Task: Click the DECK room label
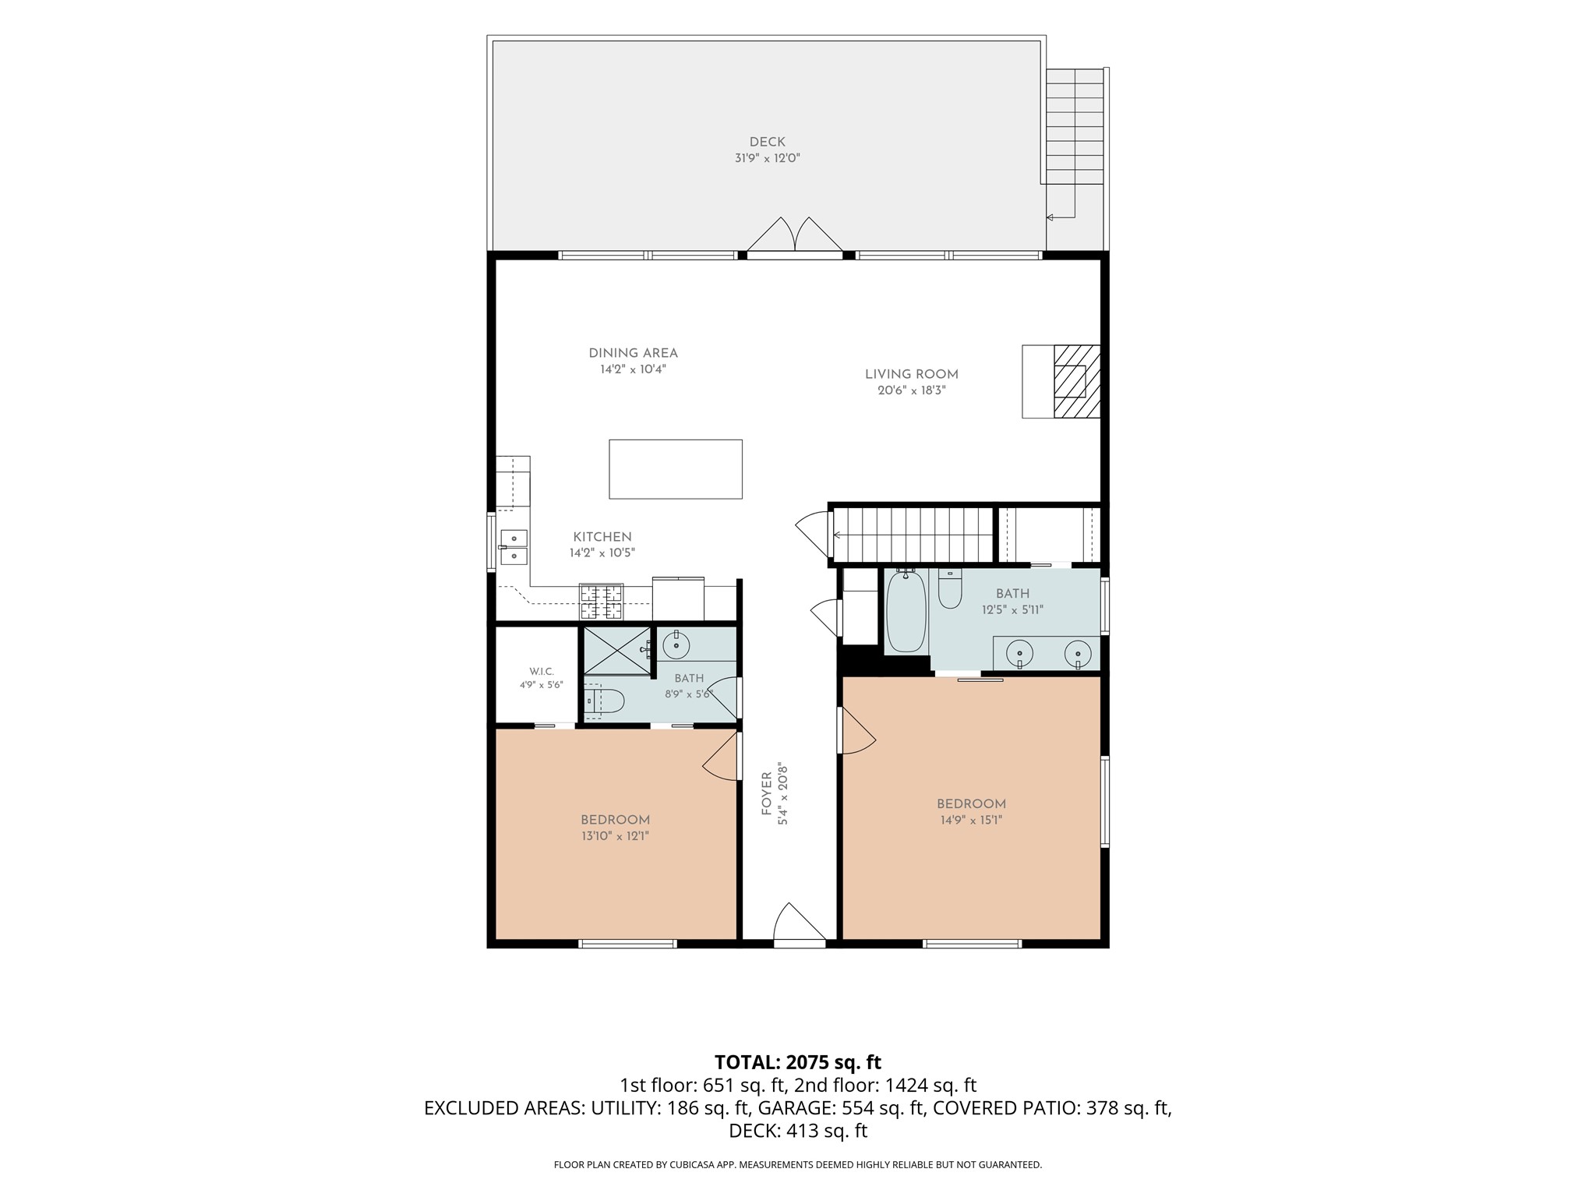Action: click(768, 143)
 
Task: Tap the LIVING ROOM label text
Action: click(912, 375)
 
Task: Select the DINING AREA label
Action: click(633, 354)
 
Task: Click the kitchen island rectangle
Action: click(676, 469)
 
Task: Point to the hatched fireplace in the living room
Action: click(1077, 382)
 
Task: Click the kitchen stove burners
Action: click(602, 602)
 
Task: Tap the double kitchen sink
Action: click(514, 547)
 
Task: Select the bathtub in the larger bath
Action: click(906, 612)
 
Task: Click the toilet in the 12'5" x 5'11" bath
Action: click(950, 589)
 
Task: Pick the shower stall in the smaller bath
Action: click(617, 650)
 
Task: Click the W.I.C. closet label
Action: click(542, 672)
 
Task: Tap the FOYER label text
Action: click(767, 794)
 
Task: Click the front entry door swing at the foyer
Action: click(800, 924)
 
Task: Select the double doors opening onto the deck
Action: click(795, 235)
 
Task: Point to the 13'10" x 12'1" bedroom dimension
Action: click(615, 836)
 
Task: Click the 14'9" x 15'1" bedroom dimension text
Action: click(971, 820)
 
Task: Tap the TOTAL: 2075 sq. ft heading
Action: click(798, 1062)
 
